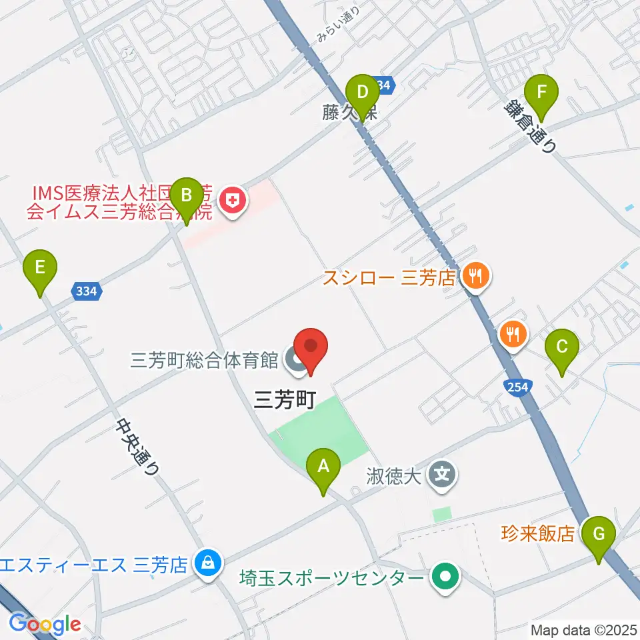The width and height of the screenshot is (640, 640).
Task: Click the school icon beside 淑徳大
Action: [443, 476]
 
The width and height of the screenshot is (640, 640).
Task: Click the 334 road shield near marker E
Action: [86, 291]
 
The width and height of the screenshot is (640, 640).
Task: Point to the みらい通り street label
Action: [339, 25]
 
